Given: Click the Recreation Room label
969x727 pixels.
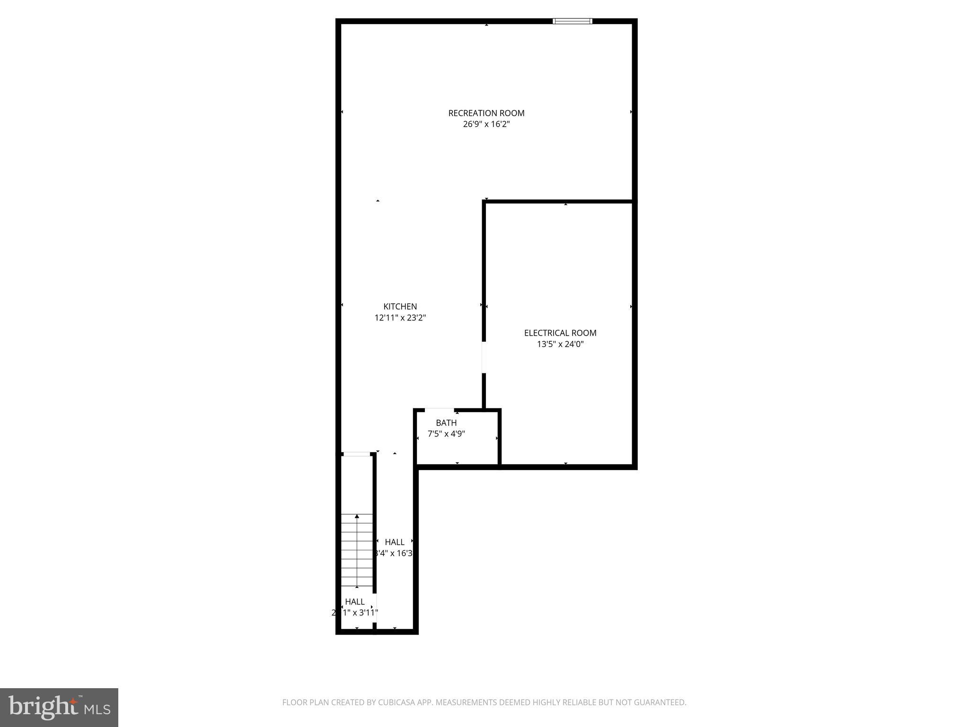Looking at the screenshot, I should pos(486,113).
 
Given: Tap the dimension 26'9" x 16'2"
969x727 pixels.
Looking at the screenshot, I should pos(486,124).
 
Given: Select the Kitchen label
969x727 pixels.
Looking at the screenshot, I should pos(400,307).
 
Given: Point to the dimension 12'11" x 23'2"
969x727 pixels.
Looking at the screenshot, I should pos(400,318).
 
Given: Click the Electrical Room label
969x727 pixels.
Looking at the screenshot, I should pos(560,333).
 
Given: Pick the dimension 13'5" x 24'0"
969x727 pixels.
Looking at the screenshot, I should pos(560,345).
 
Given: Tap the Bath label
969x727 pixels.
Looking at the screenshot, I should pos(446,423).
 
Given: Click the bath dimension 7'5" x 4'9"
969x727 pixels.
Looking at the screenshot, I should pos(446,434).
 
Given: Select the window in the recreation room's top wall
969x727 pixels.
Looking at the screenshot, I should pos(572,21).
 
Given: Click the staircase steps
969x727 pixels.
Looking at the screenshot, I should pos(357,554).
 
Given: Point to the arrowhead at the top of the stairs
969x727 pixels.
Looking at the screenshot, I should pos(357,516).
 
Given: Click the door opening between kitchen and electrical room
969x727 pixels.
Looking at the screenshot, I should pos(484,357).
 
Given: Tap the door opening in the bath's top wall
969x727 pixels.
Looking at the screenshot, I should pos(440,410).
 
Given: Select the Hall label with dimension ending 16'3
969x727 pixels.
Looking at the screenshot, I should pos(394,542).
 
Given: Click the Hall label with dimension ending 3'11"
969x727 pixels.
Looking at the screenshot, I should pos(354,602).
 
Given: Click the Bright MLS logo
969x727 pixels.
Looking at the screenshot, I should pos(59,707).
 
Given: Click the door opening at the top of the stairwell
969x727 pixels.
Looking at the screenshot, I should pos(356,454).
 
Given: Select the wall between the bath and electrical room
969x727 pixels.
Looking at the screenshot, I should pos(500,438).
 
